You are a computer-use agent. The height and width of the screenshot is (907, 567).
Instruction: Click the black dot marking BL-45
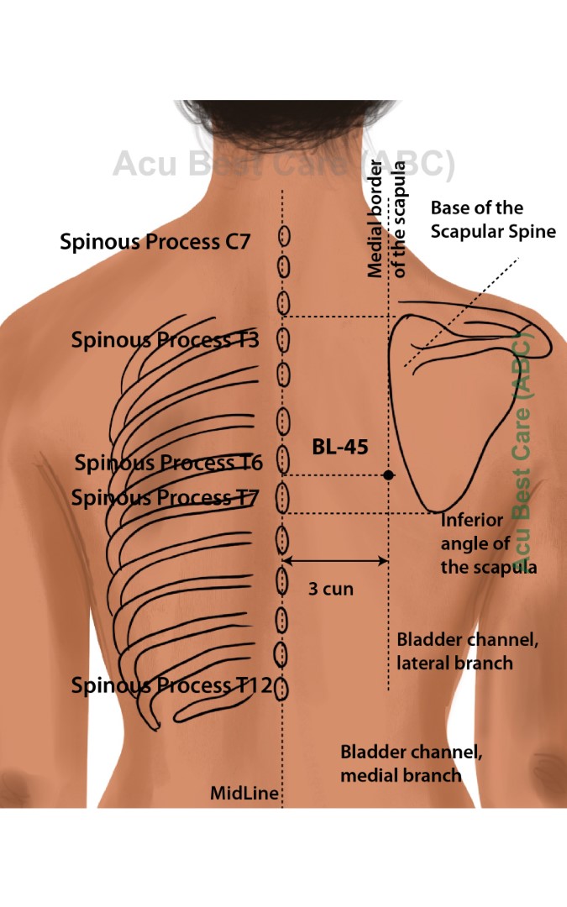coord(388,475)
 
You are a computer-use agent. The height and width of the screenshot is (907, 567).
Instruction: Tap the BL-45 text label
coord(339,448)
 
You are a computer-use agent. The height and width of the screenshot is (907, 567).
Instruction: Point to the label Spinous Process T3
coord(165,340)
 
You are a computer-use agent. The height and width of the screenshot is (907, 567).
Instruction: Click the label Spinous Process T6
coord(168,463)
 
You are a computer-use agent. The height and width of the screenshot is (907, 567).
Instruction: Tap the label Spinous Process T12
coord(171,685)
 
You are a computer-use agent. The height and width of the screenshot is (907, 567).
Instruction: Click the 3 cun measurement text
coord(330,589)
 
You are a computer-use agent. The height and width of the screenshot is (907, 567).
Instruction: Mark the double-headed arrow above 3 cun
coord(335,561)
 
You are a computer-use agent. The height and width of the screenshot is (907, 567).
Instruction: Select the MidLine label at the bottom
coord(244,793)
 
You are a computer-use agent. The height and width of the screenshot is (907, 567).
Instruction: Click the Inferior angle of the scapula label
coord(488,543)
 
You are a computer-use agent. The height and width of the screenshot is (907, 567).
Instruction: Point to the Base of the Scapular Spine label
coord(493,219)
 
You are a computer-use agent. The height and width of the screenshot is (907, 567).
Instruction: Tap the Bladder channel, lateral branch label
coord(467,652)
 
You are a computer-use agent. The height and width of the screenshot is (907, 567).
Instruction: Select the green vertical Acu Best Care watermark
coord(523,453)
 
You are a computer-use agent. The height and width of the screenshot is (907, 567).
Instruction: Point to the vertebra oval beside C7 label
coord(283,238)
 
